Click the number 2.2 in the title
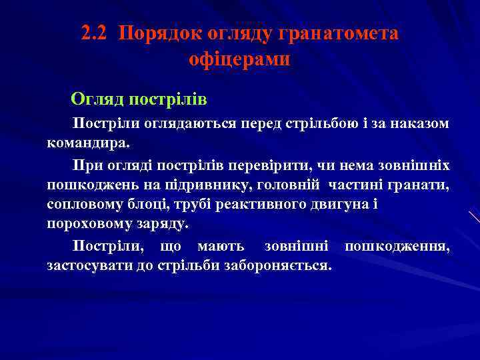[95, 33]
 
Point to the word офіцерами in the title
[239, 59]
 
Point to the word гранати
[421, 184]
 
